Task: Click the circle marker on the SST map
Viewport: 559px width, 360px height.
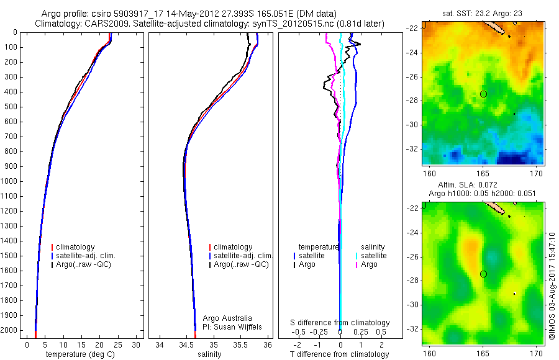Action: coord(483,94)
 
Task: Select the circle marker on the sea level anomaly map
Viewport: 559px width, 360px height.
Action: coord(483,274)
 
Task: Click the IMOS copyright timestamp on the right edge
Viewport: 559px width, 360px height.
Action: coord(552,286)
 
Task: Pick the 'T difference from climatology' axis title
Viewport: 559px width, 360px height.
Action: coord(339,354)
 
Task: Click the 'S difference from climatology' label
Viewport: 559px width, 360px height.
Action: coord(340,323)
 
